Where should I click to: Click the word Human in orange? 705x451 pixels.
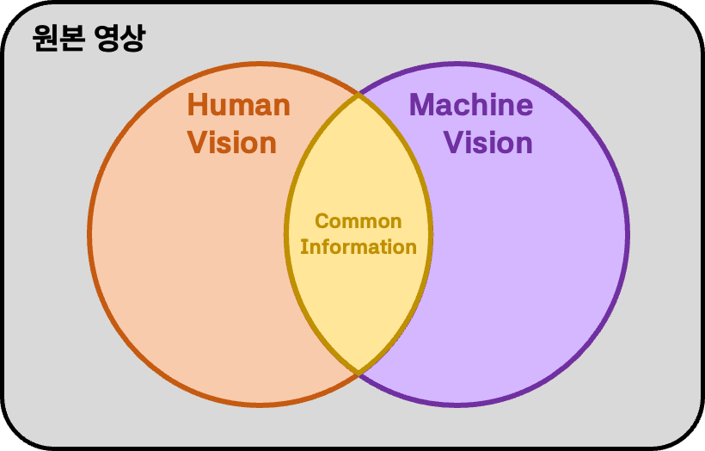tap(238, 106)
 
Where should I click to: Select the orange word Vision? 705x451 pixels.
tap(232, 143)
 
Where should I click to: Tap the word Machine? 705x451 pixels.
tap(471, 106)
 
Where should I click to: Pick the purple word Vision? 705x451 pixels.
tap(488, 143)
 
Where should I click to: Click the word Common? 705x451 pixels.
tap(358, 221)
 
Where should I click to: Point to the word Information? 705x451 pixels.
tap(359, 247)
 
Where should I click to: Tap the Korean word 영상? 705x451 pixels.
tap(117, 39)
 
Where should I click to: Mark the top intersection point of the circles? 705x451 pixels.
tap(359, 95)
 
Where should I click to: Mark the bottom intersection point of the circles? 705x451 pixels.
tap(359, 374)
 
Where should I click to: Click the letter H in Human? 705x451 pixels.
tap(197, 106)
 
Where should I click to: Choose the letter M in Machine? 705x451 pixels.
tap(422, 106)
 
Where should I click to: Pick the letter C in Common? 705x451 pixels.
tap(322, 221)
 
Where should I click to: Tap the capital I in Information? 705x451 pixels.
tap(303, 247)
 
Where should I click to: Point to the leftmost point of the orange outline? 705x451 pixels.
tap(90, 234)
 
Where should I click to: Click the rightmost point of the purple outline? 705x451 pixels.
tap(628, 234)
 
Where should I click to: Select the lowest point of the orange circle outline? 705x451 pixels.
tap(261, 405)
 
